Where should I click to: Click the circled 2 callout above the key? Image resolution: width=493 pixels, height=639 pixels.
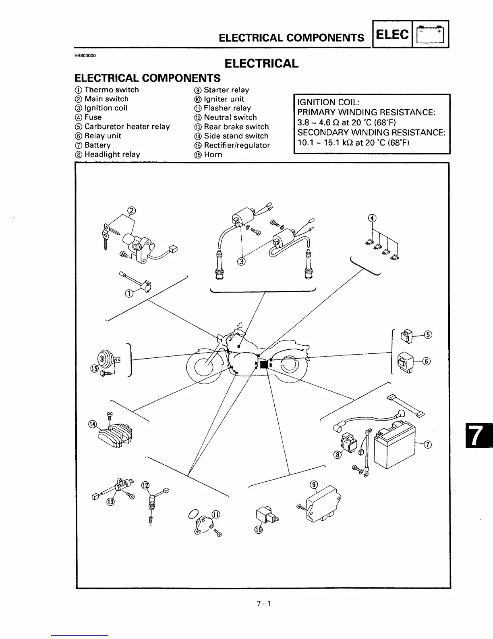[x=132, y=210]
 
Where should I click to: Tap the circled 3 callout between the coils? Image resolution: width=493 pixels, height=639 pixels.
[x=241, y=261]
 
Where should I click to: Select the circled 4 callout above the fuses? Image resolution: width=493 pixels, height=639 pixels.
[x=372, y=218]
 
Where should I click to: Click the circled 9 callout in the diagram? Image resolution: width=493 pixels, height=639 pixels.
[x=314, y=484]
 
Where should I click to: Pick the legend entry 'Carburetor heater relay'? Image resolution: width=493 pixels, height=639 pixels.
[x=127, y=127]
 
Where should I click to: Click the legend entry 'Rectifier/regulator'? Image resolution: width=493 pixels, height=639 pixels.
[x=236, y=145]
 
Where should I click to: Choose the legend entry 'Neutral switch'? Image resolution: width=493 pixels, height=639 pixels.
[x=230, y=117]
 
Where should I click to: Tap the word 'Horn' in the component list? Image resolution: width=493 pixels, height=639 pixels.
[x=213, y=155]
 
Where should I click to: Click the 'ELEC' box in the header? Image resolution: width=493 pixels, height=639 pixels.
[x=392, y=35]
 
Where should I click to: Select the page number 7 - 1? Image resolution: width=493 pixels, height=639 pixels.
[x=264, y=604]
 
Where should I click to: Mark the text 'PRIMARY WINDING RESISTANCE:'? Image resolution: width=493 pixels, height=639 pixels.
[x=366, y=112]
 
